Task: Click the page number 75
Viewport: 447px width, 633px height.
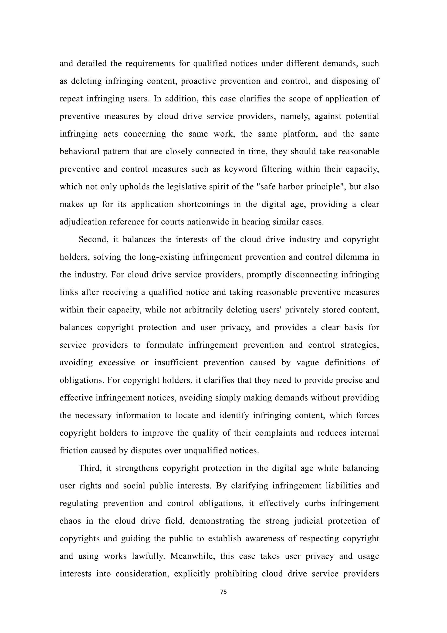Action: (223, 592)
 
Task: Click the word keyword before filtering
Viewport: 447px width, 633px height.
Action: (238, 169)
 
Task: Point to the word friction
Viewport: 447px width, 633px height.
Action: (73, 450)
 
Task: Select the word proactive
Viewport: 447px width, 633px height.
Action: (198, 81)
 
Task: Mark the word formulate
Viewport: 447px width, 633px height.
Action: (165, 345)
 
